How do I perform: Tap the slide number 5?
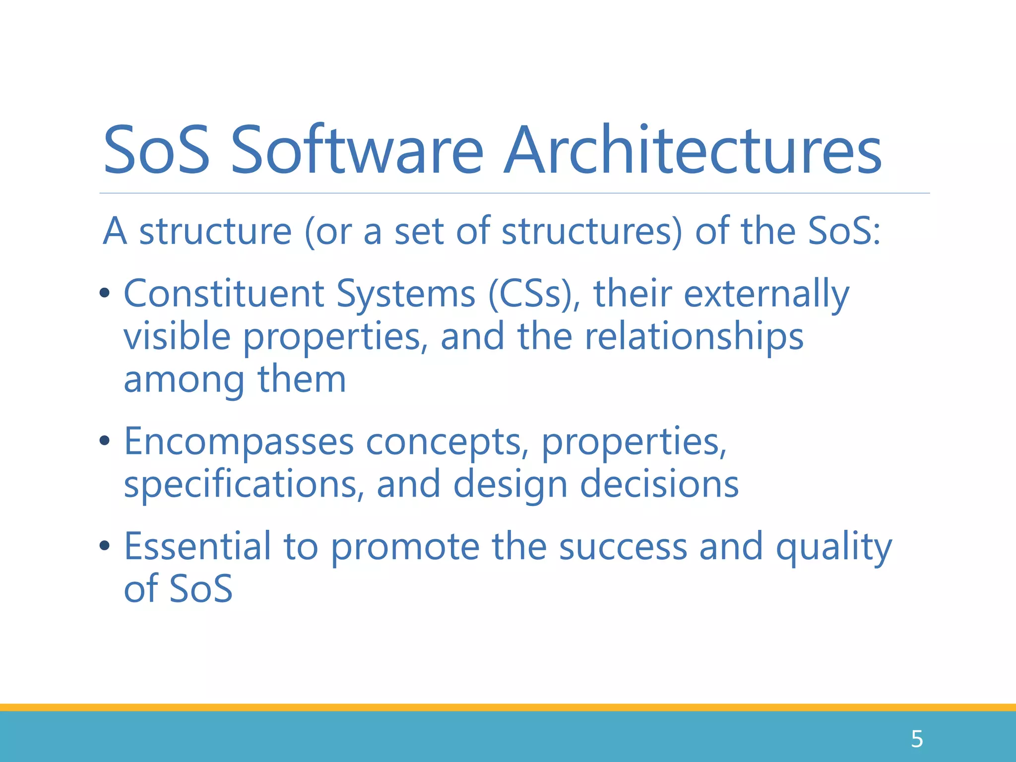pyautogui.click(x=916, y=739)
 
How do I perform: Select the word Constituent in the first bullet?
pyautogui.click(x=223, y=294)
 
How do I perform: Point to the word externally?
pyautogui.click(x=766, y=295)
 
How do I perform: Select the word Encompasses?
pyautogui.click(x=239, y=442)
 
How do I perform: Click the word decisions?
pyautogui.click(x=659, y=484)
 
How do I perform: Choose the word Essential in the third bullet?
pyautogui.click(x=197, y=546)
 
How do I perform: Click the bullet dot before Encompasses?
pyautogui.click(x=104, y=441)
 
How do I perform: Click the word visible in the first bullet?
pyautogui.click(x=177, y=337)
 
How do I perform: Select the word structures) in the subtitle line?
pyautogui.click(x=592, y=232)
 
